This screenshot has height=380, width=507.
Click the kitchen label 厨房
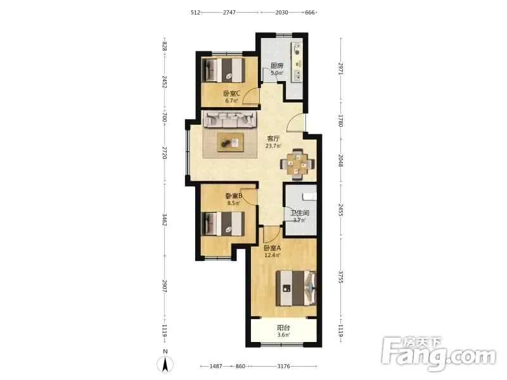(277, 66)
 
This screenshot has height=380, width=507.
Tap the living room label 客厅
(273, 139)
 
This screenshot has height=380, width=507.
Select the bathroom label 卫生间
(300, 213)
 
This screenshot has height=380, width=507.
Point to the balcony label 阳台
(283, 327)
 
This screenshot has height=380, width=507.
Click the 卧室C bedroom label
(232, 94)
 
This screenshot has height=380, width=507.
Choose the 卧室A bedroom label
(273, 248)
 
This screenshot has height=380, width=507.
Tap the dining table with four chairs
(297, 165)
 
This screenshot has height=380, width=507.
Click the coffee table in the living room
(231, 142)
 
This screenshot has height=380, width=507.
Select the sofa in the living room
(229, 119)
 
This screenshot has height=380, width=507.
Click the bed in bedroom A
(296, 288)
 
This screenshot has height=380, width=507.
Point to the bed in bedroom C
(223, 70)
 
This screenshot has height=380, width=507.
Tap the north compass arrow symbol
(165, 365)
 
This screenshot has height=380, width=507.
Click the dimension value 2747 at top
(229, 13)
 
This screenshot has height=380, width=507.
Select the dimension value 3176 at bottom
(283, 367)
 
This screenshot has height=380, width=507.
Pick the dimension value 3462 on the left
(165, 220)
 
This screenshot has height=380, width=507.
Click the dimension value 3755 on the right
(340, 277)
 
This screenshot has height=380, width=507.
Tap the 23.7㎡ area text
(273, 146)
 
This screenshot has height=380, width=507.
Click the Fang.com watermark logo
(439, 354)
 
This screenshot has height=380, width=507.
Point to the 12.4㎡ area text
(273, 255)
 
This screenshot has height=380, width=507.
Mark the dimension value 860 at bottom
(240, 367)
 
